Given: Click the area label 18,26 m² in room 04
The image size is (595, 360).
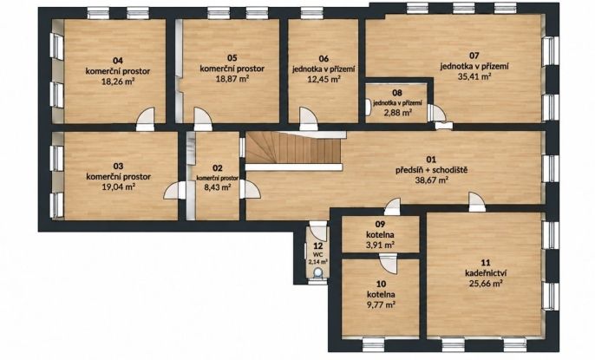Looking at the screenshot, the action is pyautogui.click(x=118, y=81).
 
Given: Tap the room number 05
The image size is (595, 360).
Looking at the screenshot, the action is pyautogui.click(x=232, y=57).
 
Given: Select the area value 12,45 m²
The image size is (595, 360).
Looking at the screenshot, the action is pyautogui.click(x=324, y=79).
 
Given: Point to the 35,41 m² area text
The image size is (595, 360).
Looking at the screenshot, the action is pyautogui.click(x=474, y=76).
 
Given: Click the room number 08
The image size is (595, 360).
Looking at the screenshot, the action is pyautogui.click(x=397, y=93).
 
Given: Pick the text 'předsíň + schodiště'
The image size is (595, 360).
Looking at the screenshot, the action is pyautogui.click(x=431, y=169).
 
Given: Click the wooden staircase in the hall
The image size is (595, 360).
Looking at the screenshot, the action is pyautogui.click(x=295, y=148).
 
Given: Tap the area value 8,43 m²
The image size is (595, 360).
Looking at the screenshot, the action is pyautogui.click(x=218, y=187).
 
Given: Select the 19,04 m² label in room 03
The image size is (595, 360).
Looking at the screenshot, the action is pyautogui.click(x=118, y=187).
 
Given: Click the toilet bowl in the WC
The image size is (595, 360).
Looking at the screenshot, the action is pyautogui.click(x=317, y=272).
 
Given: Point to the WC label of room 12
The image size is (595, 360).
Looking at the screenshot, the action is pyautogui.click(x=317, y=254).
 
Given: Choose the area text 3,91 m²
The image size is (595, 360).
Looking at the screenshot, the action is pyautogui.click(x=380, y=245).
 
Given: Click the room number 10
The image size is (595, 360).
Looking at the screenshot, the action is pyautogui.click(x=381, y=284).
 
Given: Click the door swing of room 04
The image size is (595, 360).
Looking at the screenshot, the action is pyautogui.click(x=146, y=118).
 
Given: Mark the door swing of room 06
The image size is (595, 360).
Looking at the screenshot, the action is pyautogui.click(x=308, y=118).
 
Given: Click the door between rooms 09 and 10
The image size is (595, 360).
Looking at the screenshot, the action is pyautogui.click(x=389, y=263).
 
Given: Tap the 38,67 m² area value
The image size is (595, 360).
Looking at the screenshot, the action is pyautogui.click(x=432, y=180).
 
